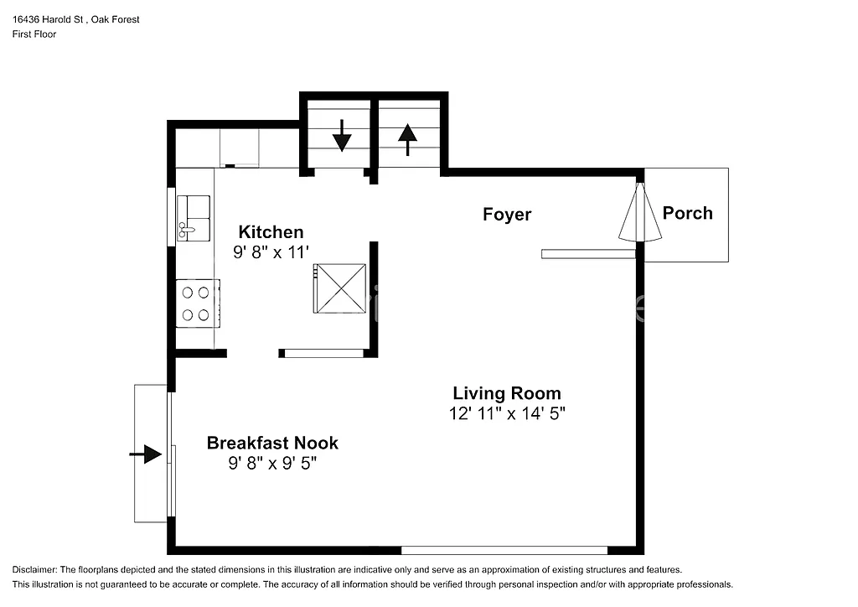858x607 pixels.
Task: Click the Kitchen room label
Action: (271, 232)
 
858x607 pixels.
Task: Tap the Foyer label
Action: (507, 215)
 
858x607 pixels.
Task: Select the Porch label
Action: (687, 213)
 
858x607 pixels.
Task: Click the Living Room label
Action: (507, 393)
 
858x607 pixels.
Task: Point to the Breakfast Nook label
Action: (272, 443)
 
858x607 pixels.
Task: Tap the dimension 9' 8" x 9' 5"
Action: (272, 462)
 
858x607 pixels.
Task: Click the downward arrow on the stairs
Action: (341, 136)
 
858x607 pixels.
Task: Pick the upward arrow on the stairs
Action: (407, 139)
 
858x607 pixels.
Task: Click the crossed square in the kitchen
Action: (339, 288)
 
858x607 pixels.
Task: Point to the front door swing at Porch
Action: (640, 213)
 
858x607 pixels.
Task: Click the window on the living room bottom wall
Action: (504, 550)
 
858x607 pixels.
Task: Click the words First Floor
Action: (34, 34)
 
